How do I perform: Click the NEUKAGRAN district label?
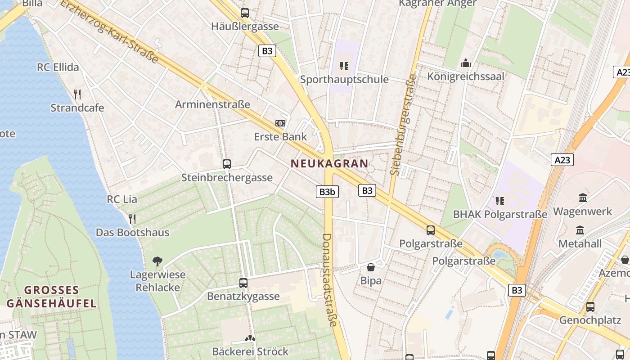(330, 163)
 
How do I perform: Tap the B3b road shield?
(327, 192)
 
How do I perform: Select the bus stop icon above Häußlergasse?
(245, 13)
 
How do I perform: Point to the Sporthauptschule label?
(344, 80)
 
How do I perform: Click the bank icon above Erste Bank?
(280, 123)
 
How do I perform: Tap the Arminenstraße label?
(212, 105)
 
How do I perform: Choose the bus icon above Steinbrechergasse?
(227, 164)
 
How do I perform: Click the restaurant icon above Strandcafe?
(77, 94)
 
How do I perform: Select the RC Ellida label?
(58, 67)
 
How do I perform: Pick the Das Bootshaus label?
(132, 233)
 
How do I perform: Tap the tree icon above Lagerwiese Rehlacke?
(157, 261)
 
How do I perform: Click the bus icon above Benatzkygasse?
(243, 283)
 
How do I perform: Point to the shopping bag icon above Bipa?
(371, 267)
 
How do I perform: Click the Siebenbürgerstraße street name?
(404, 124)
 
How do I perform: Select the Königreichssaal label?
(466, 76)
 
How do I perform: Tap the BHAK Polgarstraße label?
(500, 214)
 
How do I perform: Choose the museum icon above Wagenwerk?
(583, 198)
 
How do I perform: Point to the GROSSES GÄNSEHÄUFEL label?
(51, 297)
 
